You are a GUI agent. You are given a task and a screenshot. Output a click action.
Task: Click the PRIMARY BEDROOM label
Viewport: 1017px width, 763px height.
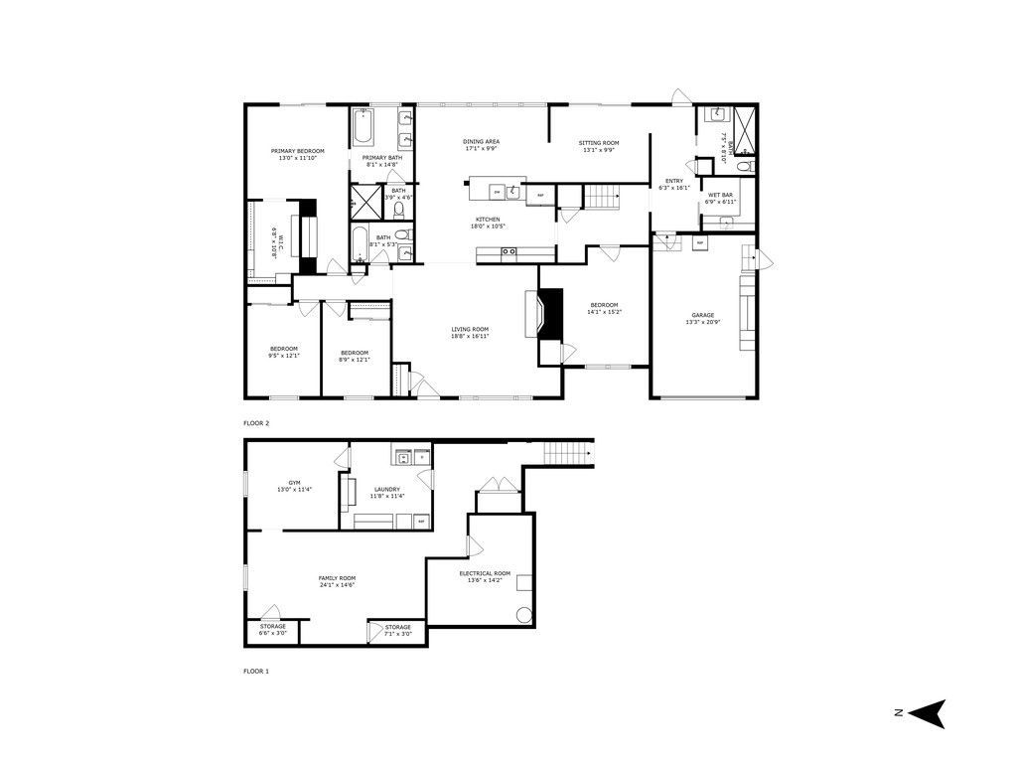(298, 151)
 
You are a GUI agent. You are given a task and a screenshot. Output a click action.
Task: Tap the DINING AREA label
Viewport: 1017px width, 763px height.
(481, 142)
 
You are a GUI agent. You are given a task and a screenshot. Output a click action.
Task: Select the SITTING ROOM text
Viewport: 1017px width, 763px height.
(599, 143)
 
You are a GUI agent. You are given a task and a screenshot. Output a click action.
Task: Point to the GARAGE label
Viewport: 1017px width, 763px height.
(702, 316)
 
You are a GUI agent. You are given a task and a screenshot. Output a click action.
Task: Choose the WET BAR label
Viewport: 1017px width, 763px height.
(721, 195)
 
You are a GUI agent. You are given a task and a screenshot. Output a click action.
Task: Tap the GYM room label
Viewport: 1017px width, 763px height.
(294, 483)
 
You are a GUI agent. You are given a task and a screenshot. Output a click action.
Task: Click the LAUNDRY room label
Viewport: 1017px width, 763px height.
(386, 489)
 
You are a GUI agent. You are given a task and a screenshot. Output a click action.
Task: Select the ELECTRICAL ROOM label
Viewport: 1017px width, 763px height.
(485, 573)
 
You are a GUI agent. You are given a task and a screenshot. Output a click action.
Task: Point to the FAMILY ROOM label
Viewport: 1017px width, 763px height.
(338, 578)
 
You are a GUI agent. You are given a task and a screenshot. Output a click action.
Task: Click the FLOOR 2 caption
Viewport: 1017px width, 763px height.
(256, 423)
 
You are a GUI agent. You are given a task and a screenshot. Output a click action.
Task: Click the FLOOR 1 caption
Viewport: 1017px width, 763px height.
(256, 672)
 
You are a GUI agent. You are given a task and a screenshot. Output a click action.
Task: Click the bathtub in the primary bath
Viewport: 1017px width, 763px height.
(361, 128)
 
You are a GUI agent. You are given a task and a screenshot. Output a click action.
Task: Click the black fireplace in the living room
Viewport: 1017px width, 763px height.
(550, 315)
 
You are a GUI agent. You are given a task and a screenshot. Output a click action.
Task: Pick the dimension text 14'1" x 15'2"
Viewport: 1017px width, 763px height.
(605, 311)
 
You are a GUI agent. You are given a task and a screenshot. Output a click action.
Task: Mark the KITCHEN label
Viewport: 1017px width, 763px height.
(487, 220)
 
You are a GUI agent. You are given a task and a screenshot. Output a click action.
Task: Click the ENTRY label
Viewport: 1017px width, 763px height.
(674, 181)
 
